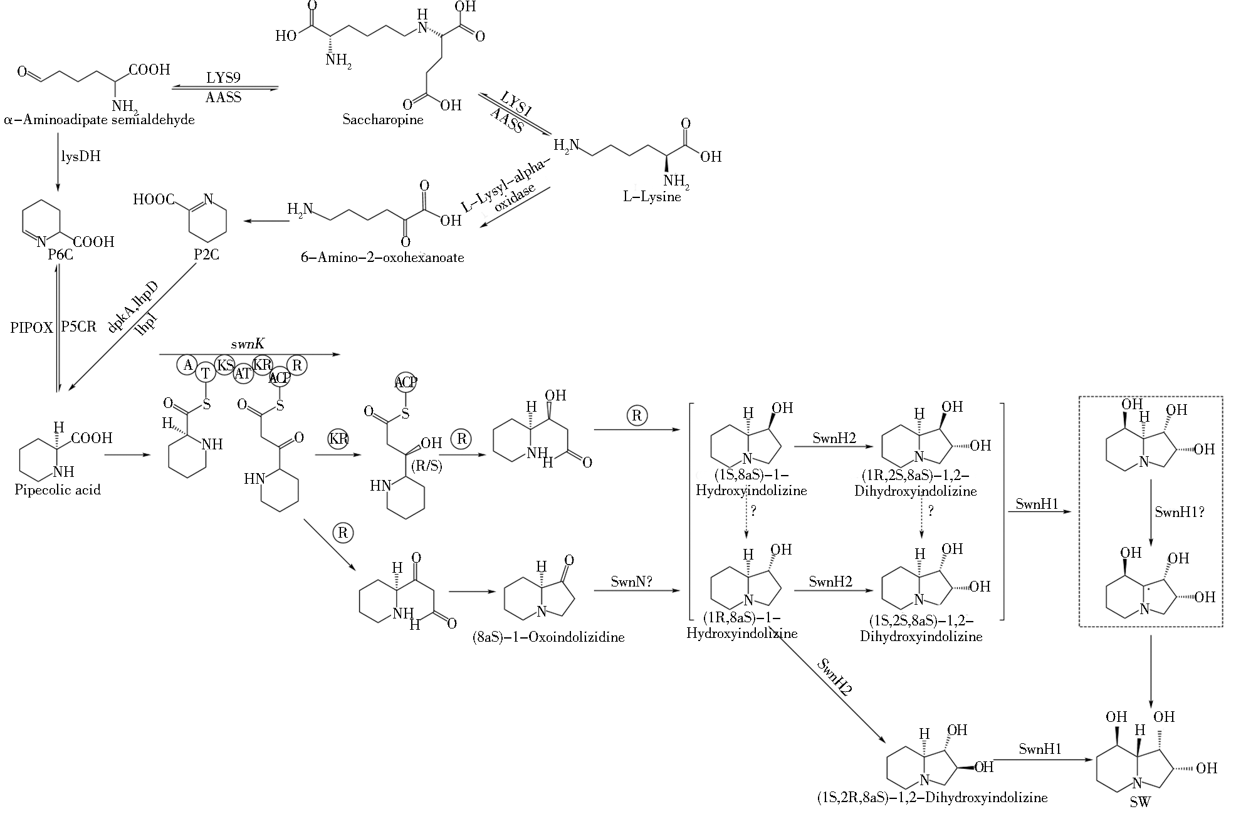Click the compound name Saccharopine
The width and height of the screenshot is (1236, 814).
(x=382, y=120)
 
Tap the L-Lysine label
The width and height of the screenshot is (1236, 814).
(x=651, y=197)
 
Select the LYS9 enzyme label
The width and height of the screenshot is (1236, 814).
(x=223, y=78)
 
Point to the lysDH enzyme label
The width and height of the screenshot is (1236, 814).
(x=80, y=156)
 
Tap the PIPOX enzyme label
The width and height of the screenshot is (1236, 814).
(x=32, y=327)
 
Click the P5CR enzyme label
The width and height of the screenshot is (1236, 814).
(x=79, y=326)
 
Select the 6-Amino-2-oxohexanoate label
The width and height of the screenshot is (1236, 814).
(x=382, y=258)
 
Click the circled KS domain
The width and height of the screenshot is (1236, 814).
(x=224, y=365)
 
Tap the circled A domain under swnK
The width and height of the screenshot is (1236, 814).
(x=187, y=364)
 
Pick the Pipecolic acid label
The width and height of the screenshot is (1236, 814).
(x=58, y=489)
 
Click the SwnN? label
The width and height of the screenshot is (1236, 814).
(x=632, y=582)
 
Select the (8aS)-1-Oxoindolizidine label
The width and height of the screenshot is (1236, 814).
(x=548, y=638)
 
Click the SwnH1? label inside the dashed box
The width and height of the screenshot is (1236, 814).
(x=1180, y=511)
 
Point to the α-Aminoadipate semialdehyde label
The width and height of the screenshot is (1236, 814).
(x=99, y=120)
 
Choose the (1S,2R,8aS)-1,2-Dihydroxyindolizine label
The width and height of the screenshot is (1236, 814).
(x=932, y=798)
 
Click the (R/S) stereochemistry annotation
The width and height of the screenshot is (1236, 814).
(x=426, y=466)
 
